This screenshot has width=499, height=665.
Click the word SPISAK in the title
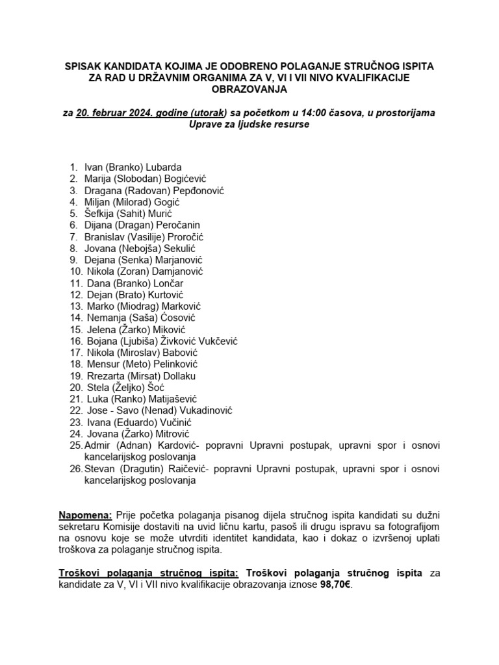coord(84,67)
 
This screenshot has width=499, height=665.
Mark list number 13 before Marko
coord(75,306)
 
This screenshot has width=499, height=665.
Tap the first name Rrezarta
coord(107,376)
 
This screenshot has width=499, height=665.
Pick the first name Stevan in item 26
coord(101,469)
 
